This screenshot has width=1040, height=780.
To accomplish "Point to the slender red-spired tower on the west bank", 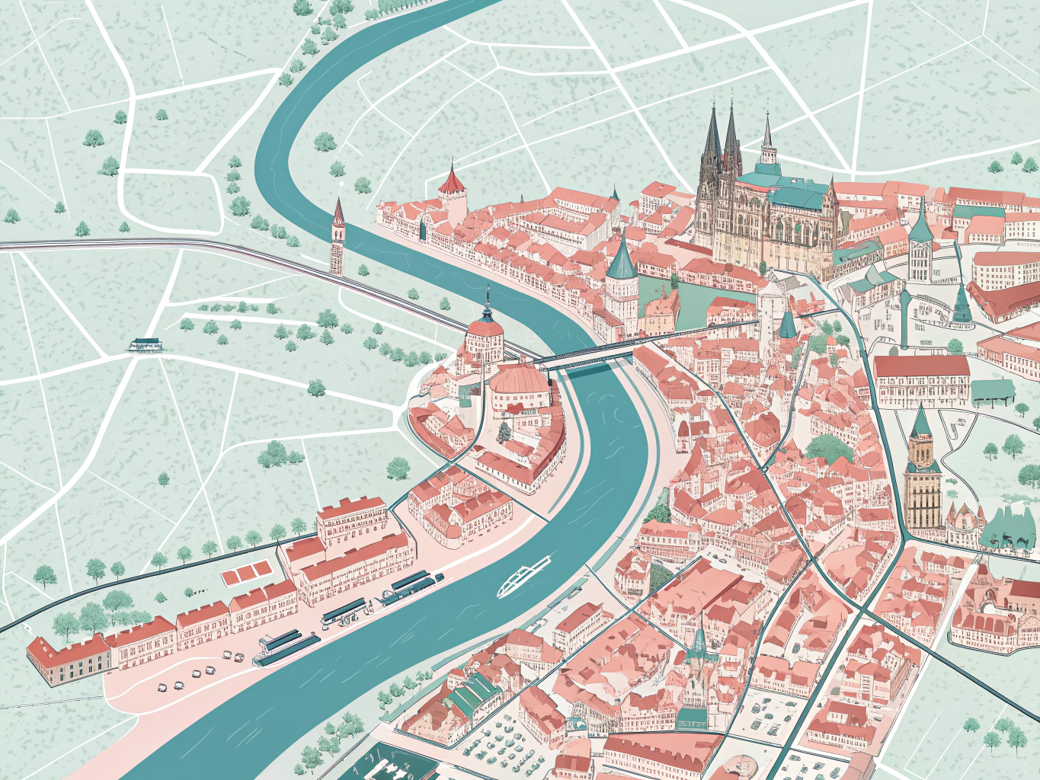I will tap(337, 236).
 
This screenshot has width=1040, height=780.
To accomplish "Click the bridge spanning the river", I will tap(587, 354).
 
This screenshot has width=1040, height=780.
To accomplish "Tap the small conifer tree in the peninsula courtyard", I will tap(504, 432).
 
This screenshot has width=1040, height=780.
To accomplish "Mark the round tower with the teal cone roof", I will tap(622, 278).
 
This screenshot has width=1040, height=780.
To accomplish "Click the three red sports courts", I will tap(245, 573).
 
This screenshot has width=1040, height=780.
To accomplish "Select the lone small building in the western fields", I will tap(146, 345).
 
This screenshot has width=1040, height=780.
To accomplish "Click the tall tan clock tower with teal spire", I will tap(923, 472).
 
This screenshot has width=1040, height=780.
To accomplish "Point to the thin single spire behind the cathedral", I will tap(767, 141).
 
